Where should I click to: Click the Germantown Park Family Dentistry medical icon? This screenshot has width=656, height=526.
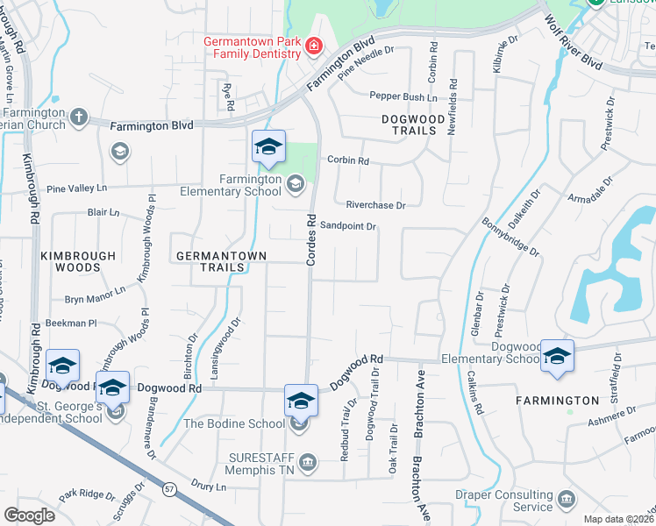[313, 46]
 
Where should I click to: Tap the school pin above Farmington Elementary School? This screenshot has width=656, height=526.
[268, 147]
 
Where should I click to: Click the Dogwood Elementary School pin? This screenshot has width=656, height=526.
[557, 357]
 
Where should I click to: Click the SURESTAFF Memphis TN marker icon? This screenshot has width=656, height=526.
[308, 462]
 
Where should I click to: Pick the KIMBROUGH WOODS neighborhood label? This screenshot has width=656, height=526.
[78, 262]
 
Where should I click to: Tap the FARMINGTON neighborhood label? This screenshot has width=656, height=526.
[570, 401]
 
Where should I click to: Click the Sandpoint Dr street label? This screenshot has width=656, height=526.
[347, 226]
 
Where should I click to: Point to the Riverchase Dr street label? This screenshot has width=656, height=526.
[375, 205]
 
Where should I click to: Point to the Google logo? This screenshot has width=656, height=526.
[29, 515]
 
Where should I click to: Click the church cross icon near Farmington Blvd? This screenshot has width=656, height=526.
[78, 116]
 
